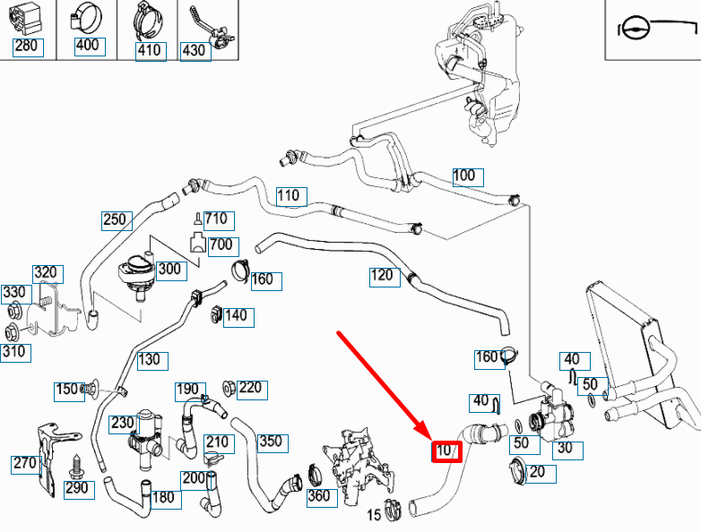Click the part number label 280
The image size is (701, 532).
[x=26, y=47]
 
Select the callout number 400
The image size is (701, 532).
[x=88, y=47]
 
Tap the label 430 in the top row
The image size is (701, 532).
[x=194, y=50]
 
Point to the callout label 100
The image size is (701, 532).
[x=464, y=176]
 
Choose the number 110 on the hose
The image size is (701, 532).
[x=290, y=196]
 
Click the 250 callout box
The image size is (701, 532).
[x=116, y=219]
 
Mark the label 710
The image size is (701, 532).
[x=218, y=219]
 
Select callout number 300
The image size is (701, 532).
[x=169, y=269]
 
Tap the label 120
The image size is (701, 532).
[x=383, y=275]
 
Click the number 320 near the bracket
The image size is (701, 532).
[x=47, y=273]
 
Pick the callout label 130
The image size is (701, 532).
[x=150, y=360]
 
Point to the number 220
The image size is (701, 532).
[x=250, y=388]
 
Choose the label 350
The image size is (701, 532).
[x=271, y=441]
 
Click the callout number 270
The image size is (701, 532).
[x=24, y=463]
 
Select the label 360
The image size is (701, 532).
[x=319, y=496]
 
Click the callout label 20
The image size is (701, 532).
[x=537, y=472]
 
